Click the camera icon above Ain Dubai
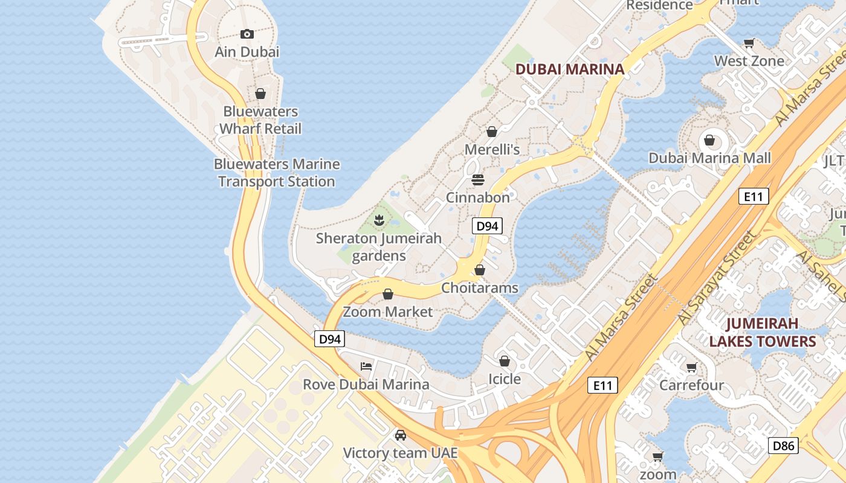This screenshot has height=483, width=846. point(247,34)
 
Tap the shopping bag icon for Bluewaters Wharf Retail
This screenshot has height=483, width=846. point(260,94)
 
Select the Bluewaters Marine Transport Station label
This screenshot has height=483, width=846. point(277,173)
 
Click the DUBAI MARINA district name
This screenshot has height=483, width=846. point(569,69)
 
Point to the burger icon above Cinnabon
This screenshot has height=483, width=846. point(478,180)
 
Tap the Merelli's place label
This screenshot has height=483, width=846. point(492,149)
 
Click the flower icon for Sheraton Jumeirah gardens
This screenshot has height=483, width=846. point(379,220)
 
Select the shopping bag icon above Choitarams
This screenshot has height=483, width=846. point(479,270)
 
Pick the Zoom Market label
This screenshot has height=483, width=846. point(388,312)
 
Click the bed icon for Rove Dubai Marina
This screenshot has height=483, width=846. point(366,366)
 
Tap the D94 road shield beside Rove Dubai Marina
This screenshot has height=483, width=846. point(329,339)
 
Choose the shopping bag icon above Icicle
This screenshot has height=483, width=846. point(505,361)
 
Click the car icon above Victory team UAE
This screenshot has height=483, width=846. point(400,435)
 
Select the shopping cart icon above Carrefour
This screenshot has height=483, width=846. point(692,367)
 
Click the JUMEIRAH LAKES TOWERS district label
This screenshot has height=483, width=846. point(762,333)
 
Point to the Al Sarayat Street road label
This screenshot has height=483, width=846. point(717,278)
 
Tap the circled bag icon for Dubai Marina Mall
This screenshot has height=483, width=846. point(709,141)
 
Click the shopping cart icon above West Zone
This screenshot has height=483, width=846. point(749,43)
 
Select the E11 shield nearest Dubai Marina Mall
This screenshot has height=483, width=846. point(754,196)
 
